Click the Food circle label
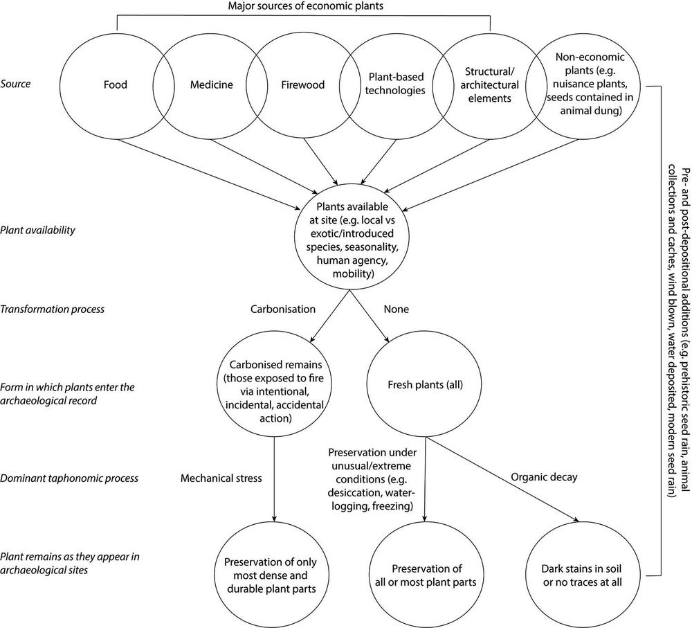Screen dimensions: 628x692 [x=116, y=85]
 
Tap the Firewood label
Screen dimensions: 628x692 [x=302, y=85]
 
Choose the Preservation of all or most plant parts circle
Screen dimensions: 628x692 [x=424, y=574]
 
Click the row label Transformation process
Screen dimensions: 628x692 [x=53, y=309]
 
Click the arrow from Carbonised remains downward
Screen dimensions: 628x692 [x=276, y=485]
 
